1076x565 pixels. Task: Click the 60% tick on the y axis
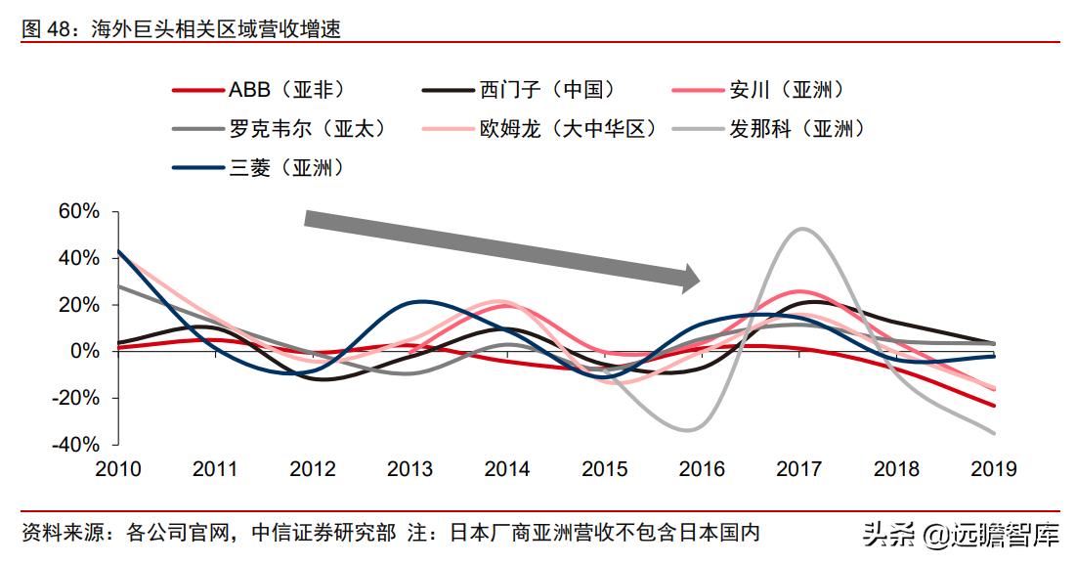click(x=79, y=212)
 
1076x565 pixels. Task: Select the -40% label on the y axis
click(x=75, y=444)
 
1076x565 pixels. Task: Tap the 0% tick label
click(x=85, y=351)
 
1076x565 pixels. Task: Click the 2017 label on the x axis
click(x=798, y=469)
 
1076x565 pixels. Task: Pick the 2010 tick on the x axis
click(x=117, y=469)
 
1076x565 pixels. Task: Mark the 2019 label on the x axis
click(x=993, y=469)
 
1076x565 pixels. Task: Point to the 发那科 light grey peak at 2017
click(x=802, y=229)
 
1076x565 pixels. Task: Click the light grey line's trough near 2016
click(x=687, y=429)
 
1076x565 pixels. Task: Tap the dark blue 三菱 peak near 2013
click(x=418, y=301)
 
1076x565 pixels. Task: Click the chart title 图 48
click(x=181, y=30)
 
